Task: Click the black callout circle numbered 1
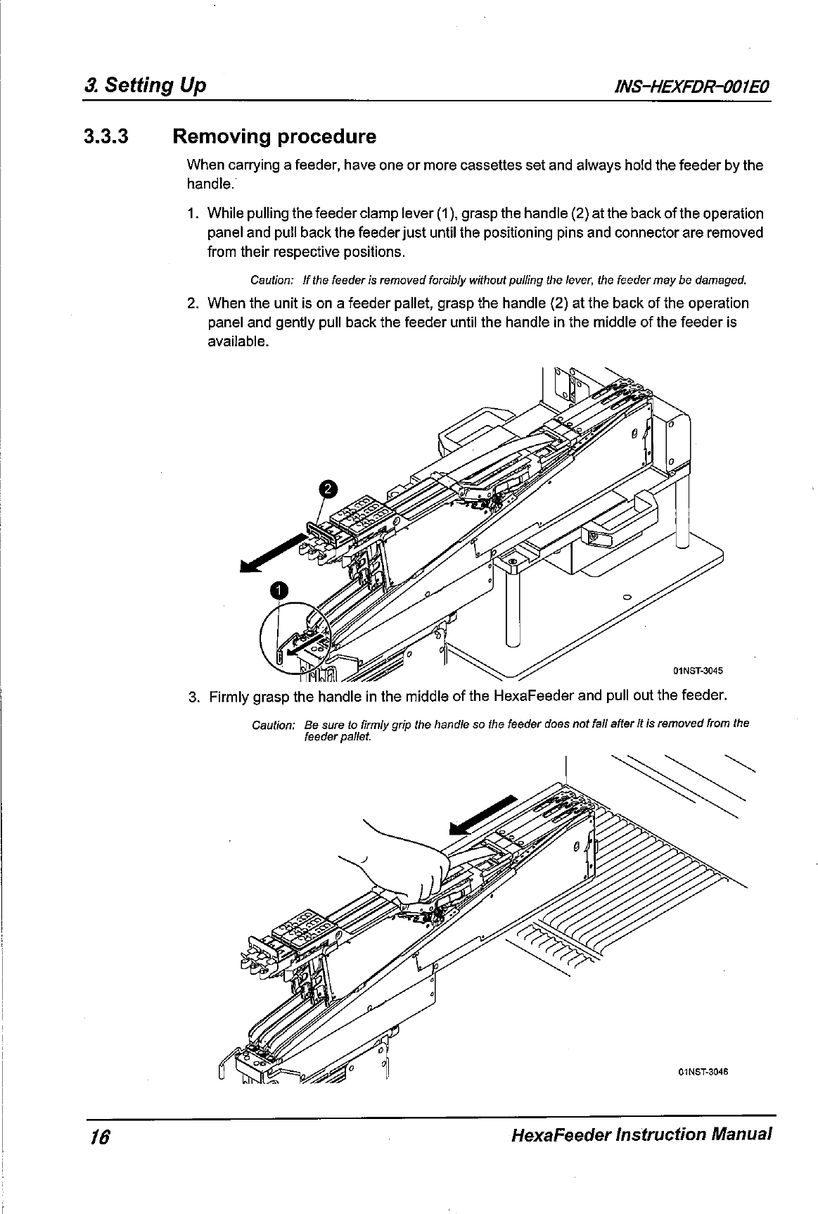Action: coord(279,590)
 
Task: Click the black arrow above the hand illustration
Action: coord(485,815)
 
